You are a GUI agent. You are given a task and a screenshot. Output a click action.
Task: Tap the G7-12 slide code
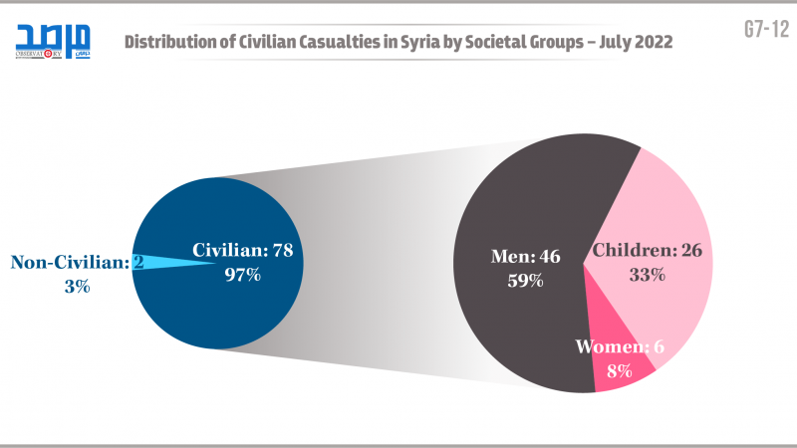pos(764,29)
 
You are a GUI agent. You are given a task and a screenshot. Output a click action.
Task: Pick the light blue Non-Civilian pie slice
pos(169,263)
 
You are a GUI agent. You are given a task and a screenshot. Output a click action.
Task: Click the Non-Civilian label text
pos(70,263)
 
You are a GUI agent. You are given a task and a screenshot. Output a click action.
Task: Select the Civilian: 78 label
pos(242,251)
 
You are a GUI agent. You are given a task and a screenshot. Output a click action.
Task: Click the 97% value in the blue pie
pos(241,275)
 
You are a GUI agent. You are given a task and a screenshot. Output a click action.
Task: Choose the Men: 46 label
pos(525,256)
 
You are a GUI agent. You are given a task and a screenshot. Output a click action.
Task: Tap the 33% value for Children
pos(648,275)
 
